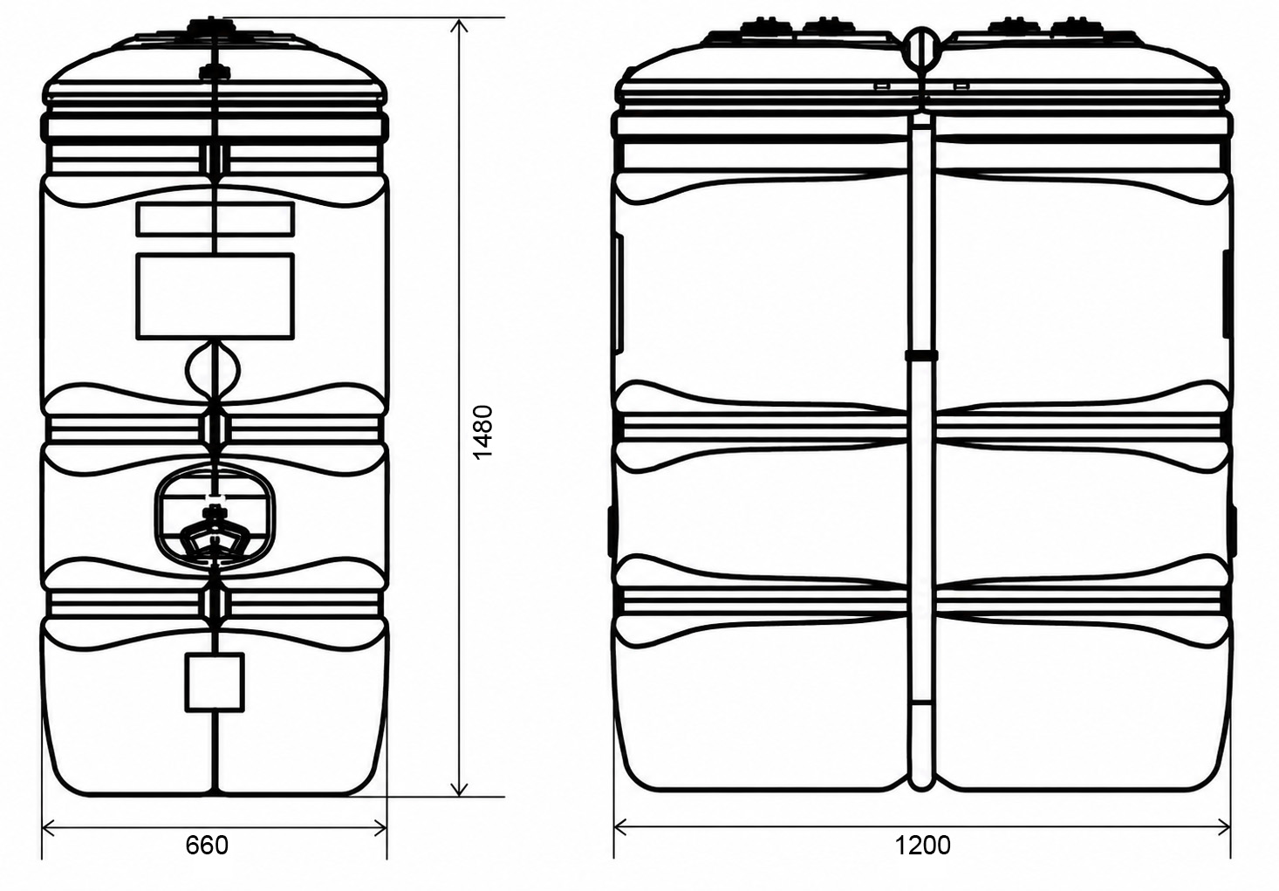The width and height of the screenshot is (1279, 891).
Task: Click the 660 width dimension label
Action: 207,846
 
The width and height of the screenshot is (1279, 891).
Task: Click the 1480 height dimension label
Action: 483,432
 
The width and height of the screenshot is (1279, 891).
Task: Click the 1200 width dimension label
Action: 922,846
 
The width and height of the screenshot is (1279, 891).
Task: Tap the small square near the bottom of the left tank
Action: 215,682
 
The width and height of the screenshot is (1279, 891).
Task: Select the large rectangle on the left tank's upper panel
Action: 215,296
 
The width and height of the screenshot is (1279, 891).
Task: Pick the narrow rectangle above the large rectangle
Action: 215,219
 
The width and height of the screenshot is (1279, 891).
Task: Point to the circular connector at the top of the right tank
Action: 921,45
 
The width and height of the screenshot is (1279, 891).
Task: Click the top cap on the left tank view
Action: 212,25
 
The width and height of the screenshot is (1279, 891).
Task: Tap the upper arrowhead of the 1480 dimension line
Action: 459,25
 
